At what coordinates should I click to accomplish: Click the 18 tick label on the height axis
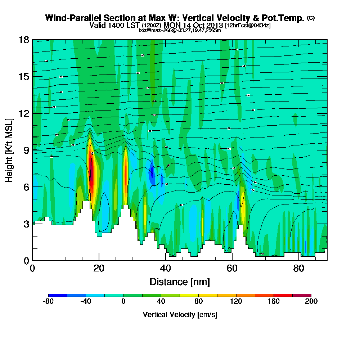coord(24,40)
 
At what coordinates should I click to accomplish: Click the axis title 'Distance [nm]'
coord(180,282)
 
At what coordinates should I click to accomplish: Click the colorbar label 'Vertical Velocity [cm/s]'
coord(180,315)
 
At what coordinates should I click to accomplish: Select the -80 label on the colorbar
coord(48,301)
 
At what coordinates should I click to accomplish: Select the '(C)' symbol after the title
coord(311,18)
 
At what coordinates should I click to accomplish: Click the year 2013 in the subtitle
coord(213,25)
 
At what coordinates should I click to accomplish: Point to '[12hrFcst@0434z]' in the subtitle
coord(248,25)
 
